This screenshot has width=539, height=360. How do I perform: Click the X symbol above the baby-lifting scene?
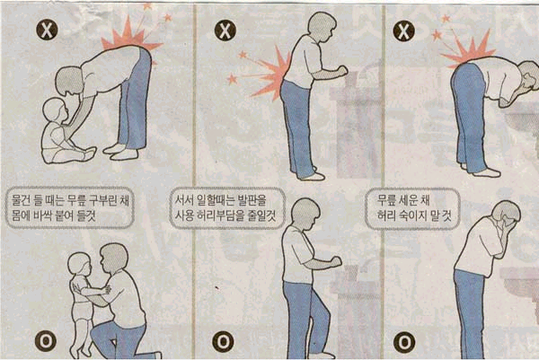click(47, 30)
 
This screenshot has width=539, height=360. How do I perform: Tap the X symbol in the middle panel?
click(225, 31)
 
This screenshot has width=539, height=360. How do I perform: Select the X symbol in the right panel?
click(403, 31)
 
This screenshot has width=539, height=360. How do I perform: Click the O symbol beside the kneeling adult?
click(46, 341)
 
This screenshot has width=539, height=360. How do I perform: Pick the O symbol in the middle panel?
click(223, 342)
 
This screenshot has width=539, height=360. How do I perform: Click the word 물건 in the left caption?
click(22, 200)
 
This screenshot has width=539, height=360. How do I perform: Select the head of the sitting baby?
click(55, 110)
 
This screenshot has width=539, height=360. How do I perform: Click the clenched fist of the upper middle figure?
click(341, 71)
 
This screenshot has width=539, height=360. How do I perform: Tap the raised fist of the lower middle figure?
click(335, 262)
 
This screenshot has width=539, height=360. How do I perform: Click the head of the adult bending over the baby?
click(70, 83)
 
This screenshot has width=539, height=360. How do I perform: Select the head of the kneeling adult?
click(114, 258)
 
